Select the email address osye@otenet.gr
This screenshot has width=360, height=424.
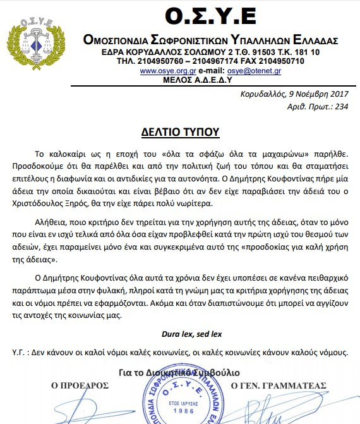click(x=255, y=71)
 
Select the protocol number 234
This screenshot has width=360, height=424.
click(x=342, y=107)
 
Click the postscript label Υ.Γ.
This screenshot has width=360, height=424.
click(x=20, y=350)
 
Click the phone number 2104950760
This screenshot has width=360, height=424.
click(x=152, y=61)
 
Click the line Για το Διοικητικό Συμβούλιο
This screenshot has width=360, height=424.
click(x=180, y=373)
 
